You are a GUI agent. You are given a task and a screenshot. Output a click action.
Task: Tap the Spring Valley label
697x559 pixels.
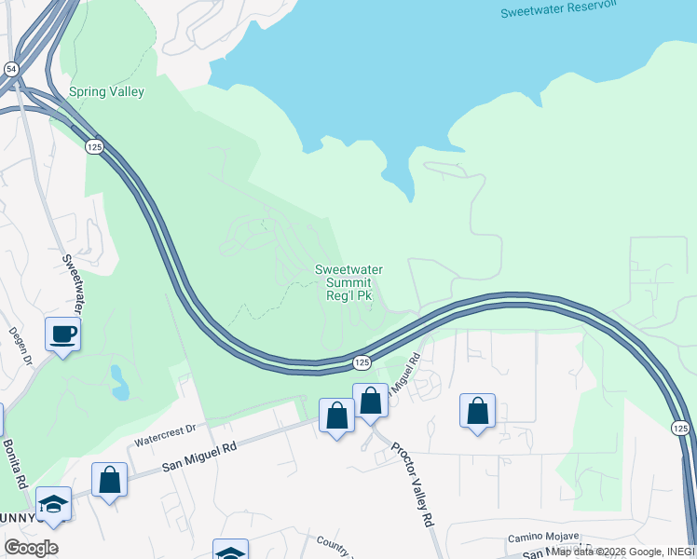[106, 91]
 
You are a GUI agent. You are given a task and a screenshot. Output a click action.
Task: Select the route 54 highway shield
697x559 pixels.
[9, 69]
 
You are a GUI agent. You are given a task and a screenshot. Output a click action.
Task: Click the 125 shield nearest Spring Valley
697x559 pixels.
[93, 146]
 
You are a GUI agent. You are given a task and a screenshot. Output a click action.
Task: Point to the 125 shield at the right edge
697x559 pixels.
[680, 427]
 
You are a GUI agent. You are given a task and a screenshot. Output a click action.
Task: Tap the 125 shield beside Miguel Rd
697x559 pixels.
[362, 361]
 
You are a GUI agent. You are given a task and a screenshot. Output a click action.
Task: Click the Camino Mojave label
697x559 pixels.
[542, 538]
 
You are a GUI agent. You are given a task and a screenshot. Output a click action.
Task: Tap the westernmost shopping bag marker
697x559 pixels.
[109, 480]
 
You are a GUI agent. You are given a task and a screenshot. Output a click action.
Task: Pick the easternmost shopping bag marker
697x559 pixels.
[477, 411]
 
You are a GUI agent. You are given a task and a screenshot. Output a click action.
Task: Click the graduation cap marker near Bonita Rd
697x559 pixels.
[54, 504]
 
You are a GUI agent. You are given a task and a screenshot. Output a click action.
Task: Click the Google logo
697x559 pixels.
[31, 548]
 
